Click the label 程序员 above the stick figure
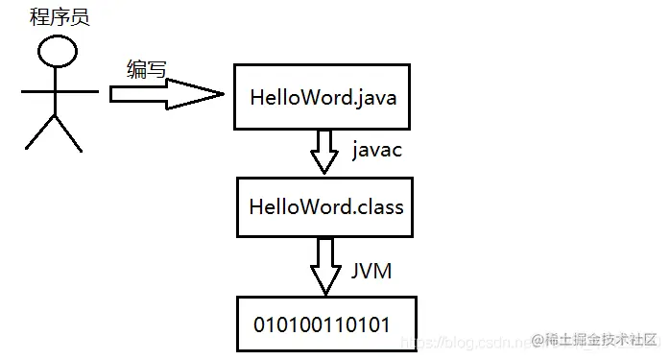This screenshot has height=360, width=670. click(60, 17)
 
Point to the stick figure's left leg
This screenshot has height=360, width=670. click(39, 132)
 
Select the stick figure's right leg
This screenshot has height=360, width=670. click(68, 133)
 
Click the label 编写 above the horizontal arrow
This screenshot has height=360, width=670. click(146, 69)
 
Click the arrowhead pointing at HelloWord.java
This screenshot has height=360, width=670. click(195, 94)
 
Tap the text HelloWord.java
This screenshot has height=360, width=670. click(323, 98)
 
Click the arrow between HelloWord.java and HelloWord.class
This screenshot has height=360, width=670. click(324, 152)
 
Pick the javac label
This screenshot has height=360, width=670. click(377, 150)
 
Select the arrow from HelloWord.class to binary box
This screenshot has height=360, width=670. click(325, 266)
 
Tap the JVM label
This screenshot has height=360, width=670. click(371, 271)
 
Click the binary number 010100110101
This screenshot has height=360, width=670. click(322, 324)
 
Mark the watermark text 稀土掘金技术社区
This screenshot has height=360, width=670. click(601, 340)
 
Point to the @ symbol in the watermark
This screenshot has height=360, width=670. click(538, 341)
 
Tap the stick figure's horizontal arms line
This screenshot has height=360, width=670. click(60, 91)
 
